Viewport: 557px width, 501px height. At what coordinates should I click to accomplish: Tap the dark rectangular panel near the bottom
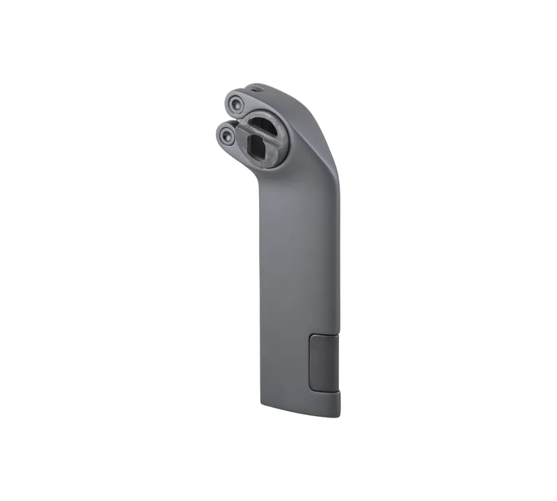323,362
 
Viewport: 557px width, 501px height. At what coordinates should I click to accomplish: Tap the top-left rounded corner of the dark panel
311,337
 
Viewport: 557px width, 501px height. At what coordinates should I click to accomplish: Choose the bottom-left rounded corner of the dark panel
311,387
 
